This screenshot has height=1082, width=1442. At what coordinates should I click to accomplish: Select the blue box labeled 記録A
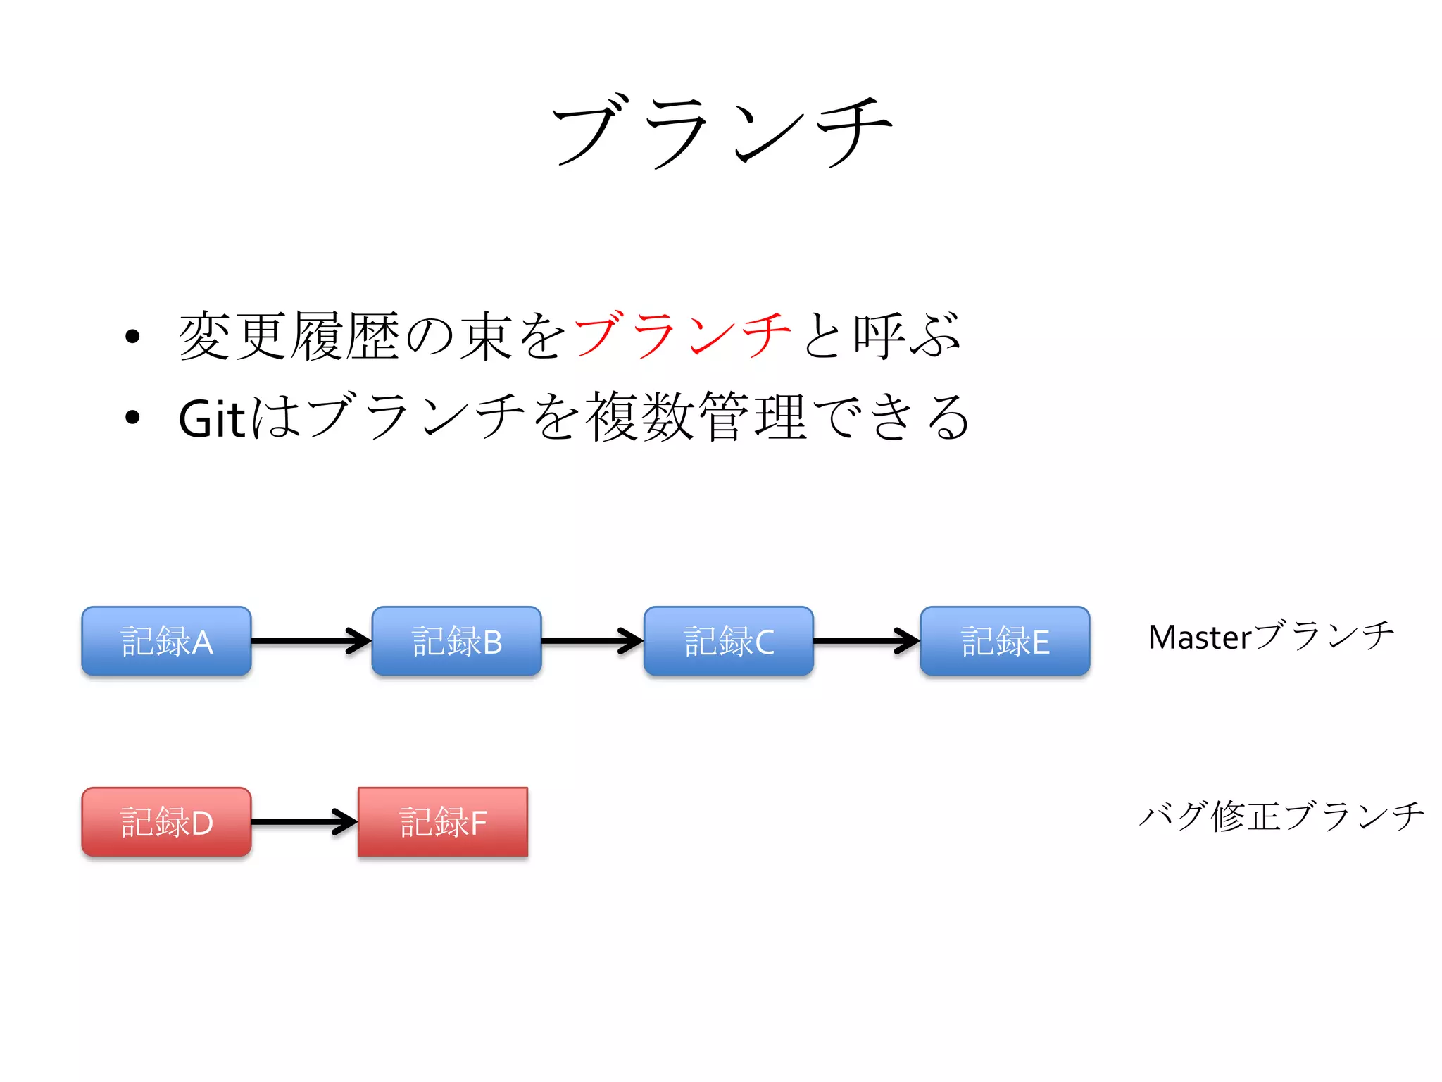pyautogui.click(x=166, y=641)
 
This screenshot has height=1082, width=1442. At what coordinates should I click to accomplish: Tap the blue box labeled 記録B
pyautogui.click(x=456, y=641)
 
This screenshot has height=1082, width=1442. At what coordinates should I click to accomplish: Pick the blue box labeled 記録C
pyautogui.click(x=728, y=641)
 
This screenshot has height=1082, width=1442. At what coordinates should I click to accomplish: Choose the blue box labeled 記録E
pyautogui.click(x=1005, y=641)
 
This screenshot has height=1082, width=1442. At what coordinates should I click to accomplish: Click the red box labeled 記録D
pyautogui.click(x=166, y=822)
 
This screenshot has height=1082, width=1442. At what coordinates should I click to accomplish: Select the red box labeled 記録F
pyautogui.click(x=443, y=822)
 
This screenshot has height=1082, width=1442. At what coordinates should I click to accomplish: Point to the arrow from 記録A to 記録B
pyautogui.click(x=311, y=640)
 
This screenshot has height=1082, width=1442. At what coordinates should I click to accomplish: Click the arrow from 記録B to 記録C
pyautogui.click(x=591, y=640)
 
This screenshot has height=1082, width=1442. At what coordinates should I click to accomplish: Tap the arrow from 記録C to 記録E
pyautogui.click(x=866, y=640)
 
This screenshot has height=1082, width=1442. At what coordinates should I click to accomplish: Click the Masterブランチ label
pyautogui.click(x=1271, y=636)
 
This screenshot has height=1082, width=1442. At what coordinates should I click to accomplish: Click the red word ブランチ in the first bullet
pyautogui.click(x=682, y=335)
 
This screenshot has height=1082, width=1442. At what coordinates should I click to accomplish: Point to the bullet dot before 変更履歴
pyautogui.click(x=132, y=337)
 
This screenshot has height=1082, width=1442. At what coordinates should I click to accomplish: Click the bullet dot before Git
pyautogui.click(x=132, y=418)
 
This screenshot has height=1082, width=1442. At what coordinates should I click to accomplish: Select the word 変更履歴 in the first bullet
pyautogui.click(x=290, y=335)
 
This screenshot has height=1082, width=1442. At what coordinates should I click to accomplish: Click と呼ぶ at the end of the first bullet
pyautogui.click(x=880, y=335)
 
